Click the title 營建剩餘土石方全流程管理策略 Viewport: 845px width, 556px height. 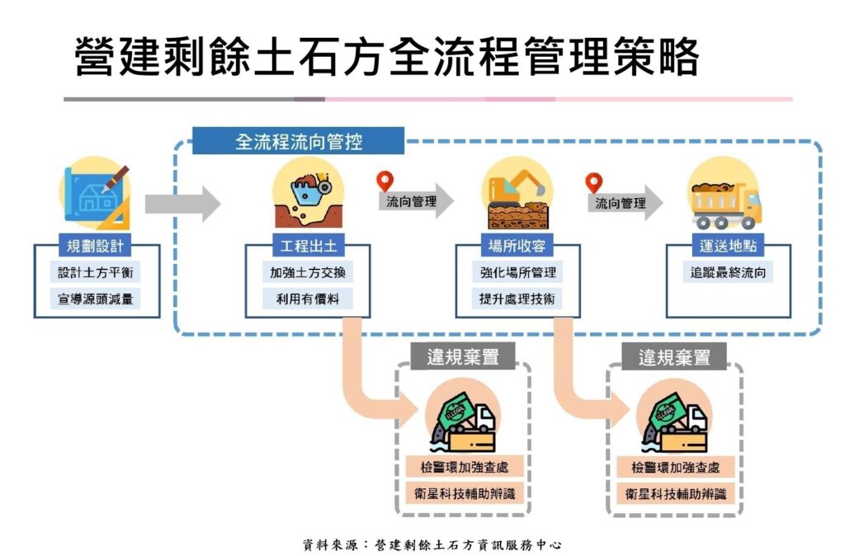387,55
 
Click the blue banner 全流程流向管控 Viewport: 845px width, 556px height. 298,141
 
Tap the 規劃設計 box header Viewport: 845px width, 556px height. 94,245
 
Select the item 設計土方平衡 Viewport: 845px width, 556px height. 94,271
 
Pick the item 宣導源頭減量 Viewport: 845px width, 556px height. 94,298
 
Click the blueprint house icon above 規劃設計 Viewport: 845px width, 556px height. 95,195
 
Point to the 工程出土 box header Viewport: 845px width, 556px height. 307,245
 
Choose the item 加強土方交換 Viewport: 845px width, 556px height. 307,271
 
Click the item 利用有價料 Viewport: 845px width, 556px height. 307,298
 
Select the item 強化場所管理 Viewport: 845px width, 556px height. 518,271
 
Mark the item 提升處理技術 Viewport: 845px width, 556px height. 518,298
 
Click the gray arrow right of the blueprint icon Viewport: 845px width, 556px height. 182,203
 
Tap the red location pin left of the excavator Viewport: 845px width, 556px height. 384,181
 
